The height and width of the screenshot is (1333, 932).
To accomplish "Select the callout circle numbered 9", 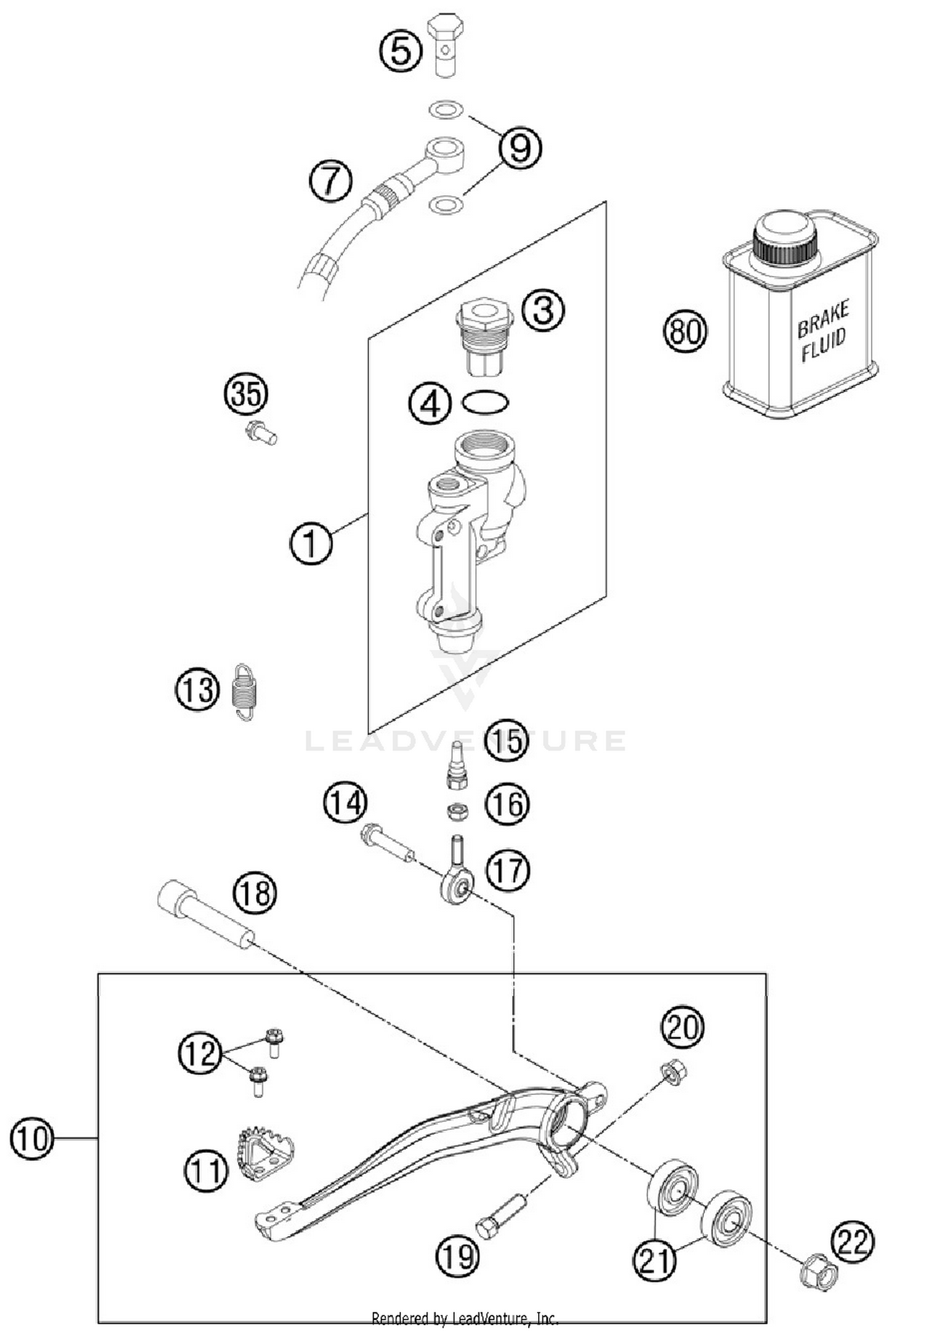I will (519, 148).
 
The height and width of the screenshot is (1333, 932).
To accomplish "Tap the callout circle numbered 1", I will (311, 543).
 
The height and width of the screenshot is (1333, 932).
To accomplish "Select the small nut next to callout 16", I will (458, 811).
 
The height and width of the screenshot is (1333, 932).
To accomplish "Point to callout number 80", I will (685, 331).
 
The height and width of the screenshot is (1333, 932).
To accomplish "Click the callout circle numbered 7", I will (331, 181).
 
